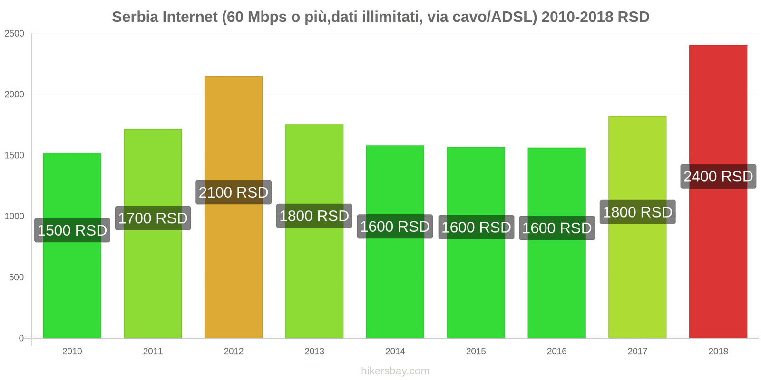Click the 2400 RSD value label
(718, 177)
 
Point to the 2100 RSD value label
(234, 192)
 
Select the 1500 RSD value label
(72, 230)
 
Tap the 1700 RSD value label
(153, 218)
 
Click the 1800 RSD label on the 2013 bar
(314, 216)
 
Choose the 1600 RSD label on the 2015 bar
(476, 228)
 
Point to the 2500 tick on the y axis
(14, 34)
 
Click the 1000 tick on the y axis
(14, 217)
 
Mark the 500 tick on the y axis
(16, 277)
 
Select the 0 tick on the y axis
(21, 338)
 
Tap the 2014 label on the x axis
(395, 351)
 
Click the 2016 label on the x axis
(556, 351)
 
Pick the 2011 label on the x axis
(153, 351)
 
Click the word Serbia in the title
(135, 17)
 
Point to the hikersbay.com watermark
(395, 371)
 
